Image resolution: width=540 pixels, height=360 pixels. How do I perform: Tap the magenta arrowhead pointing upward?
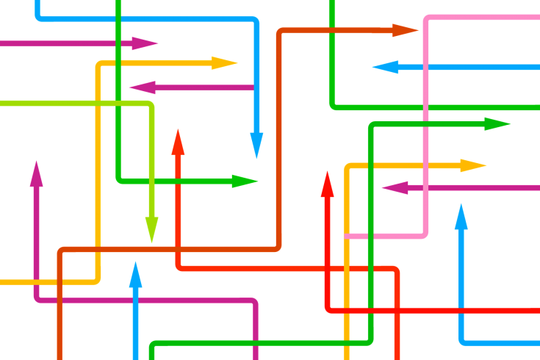tap(36, 174)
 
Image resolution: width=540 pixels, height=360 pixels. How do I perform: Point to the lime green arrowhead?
tap(151, 229)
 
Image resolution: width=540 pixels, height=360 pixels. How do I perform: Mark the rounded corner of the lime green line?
tap(150, 106)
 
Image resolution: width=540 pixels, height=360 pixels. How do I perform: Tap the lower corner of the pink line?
tap(425, 234)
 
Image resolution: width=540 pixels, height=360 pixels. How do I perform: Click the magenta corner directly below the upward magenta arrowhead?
tap(37, 298)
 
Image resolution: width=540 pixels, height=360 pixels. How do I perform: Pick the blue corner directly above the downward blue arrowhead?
tap(255, 21)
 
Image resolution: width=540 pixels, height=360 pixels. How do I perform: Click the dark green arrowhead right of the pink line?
tap(497, 123)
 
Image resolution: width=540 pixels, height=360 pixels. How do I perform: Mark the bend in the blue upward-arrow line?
tap(462, 341)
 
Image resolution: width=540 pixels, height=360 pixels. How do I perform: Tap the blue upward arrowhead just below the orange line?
tap(135, 275)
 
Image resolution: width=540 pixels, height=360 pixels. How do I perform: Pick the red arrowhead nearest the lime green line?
tap(178, 141)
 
